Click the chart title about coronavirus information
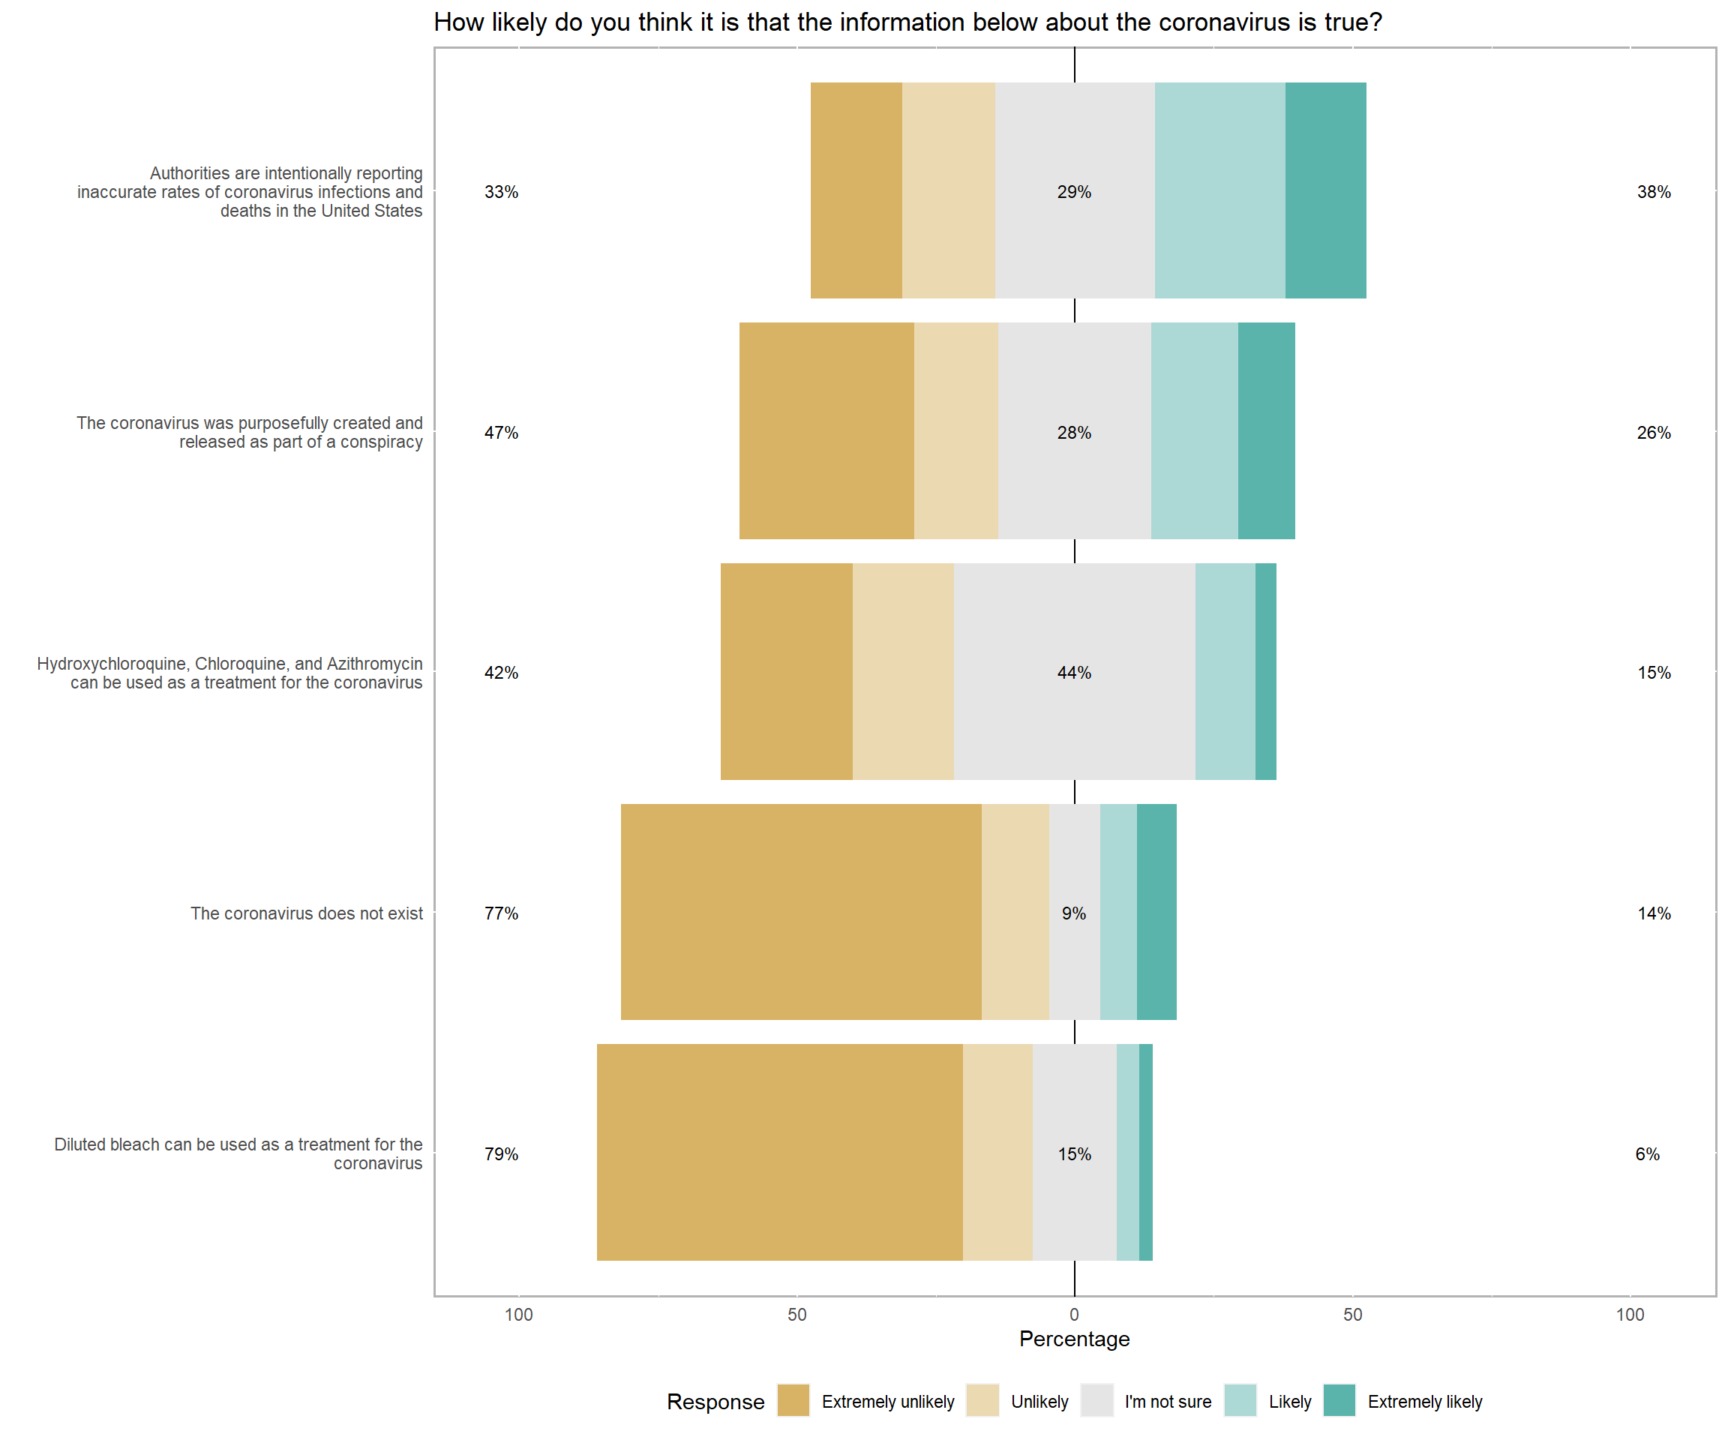[907, 22]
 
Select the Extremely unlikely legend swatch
[793, 1400]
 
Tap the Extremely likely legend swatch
[1339, 1400]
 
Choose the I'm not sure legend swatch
[1096, 1400]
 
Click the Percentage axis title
[1074, 1339]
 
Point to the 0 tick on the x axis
[1074, 1314]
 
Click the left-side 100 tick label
[518, 1314]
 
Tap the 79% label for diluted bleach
[501, 1153]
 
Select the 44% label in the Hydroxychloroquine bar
[1074, 672]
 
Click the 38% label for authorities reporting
[1653, 192]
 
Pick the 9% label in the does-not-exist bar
[1074, 913]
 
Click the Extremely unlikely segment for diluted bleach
[779, 1152]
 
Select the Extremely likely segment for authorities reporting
[1325, 190]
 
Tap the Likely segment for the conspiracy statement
[1194, 430]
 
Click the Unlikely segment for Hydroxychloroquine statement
[903, 671]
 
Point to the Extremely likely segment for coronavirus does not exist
[1156, 912]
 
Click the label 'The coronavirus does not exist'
[306, 913]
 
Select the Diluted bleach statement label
[238, 1153]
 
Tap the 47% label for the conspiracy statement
[501, 432]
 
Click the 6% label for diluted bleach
[1647, 1153]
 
